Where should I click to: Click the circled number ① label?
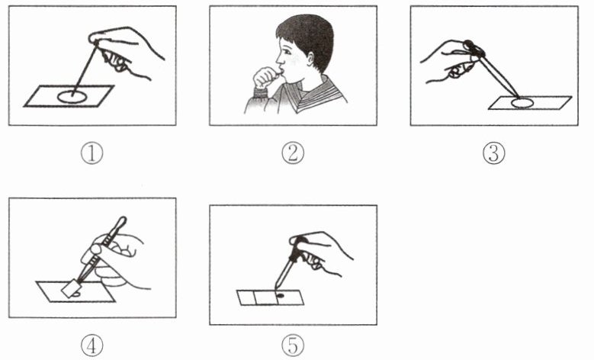(x=92, y=154)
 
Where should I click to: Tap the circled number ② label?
(x=293, y=154)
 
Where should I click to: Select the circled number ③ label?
(x=494, y=154)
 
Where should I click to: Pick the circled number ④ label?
(x=92, y=346)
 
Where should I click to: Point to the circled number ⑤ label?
(x=293, y=346)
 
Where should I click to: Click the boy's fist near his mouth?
(x=266, y=77)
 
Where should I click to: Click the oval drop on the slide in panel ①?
(x=72, y=97)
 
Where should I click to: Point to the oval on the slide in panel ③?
(x=522, y=103)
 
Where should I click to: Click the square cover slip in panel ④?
(x=69, y=289)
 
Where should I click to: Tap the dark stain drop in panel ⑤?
(x=281, y=295)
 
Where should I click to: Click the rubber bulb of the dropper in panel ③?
(x=474, y=47)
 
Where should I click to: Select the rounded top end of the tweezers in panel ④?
(x=122, y=220)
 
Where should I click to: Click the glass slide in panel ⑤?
(x=271, y=297)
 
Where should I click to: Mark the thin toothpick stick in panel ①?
(x=84, y=69)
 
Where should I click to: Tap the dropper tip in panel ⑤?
(x=277, y=289)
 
